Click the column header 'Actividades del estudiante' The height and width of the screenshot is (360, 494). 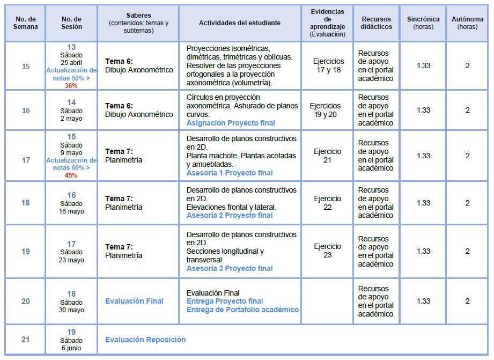[x=239, y=23]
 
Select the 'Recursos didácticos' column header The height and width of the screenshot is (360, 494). [x=376, y=23]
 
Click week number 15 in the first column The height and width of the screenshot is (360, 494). [x=26, y=66]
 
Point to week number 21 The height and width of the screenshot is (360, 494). [x=26, y=340]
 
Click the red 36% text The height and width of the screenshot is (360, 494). [x=71, y=85]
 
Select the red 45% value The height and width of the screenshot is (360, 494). [x=71, y=175]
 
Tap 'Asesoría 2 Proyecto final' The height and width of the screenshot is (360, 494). [x=230, y=215]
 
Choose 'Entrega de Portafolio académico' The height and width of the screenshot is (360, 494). [x=242, y=310]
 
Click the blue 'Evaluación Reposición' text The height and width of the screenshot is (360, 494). [x=145, y=340]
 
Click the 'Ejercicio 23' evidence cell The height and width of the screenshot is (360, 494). [x=328, y=251]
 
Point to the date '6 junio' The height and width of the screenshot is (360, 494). [x=71, y=348]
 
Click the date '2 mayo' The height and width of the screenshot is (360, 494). [x=71, y=119]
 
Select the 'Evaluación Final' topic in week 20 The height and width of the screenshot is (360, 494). [x=134, y=301]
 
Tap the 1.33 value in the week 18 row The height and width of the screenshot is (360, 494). [x=423, y=203]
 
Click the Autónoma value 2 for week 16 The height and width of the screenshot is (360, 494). [x=467, y=110]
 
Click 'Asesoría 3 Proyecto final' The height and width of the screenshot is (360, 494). [x=230, y=268]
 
